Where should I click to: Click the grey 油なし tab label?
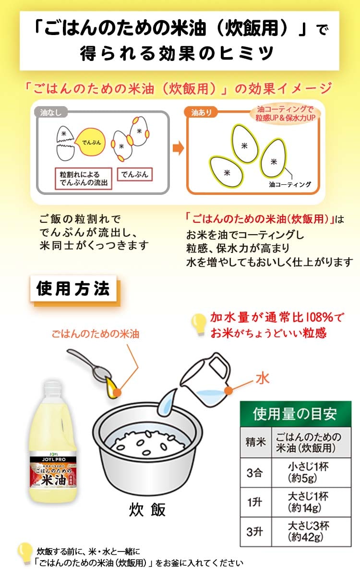coord(51,112)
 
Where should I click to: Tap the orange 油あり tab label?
coord(201,112)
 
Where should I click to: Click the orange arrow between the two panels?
coord(178,148)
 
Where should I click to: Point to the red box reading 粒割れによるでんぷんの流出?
coord(84,179)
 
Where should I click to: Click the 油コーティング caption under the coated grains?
coord(290,184)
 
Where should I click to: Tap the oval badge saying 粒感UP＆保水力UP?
coord(285,114)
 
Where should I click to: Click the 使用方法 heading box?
coord(73,288)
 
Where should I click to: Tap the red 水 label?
coord(262,379)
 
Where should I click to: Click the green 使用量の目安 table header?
coord(296,414)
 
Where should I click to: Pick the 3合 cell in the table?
coord(255,472)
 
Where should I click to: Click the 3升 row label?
coord(255,532)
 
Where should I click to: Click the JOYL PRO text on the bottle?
coord(54,459)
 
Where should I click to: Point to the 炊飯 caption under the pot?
coord(147,509)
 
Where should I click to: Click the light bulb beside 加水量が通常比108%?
coord(199,324)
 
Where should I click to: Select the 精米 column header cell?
coord(255,442)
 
